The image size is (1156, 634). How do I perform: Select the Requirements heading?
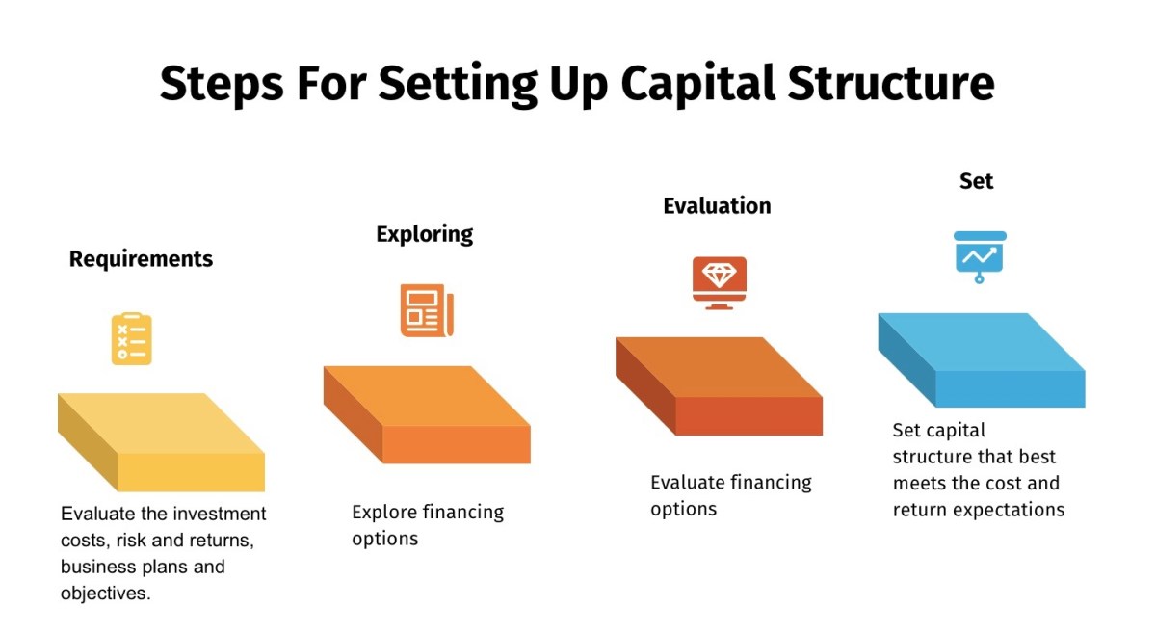coord(141,259)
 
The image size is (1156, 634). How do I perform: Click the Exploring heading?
coord(425,234)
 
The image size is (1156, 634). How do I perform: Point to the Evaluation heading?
coord(717,206)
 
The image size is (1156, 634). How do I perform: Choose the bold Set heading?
coord(976,181)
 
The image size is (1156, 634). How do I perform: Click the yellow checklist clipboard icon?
coord(132,338)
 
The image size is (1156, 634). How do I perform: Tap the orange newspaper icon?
coord(427,310)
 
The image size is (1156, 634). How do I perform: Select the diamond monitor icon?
coord(719,282)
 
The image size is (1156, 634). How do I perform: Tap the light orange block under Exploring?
coord(427,414)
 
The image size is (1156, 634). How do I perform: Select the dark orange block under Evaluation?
coord(719,385)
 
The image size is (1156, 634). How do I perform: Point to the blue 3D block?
coord(982,358)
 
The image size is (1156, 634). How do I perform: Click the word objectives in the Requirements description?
coord(105,594)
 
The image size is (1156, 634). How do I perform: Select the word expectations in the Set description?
coord(1007,510)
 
